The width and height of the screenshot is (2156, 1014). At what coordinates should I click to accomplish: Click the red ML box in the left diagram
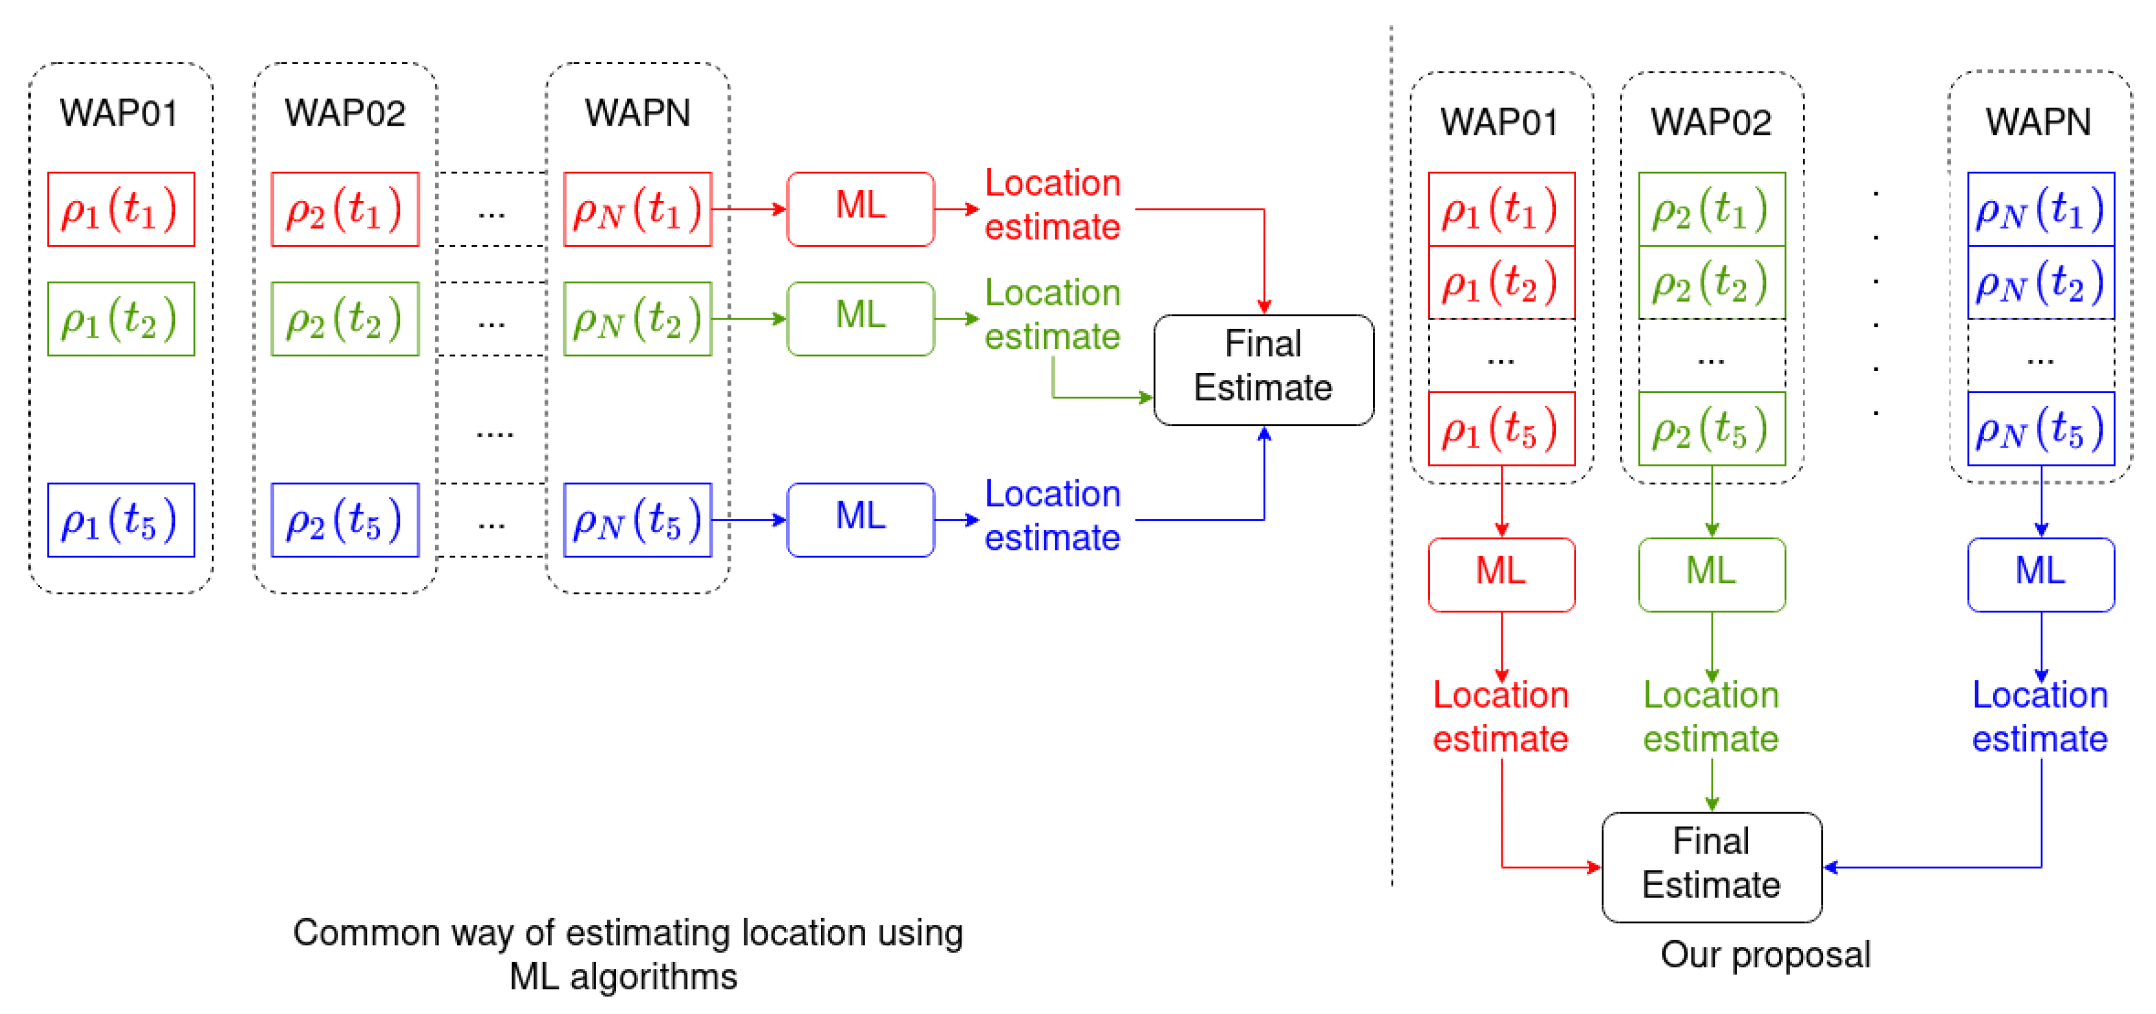click(860, 208)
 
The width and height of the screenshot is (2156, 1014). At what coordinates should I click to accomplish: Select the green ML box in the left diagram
click(860, 318)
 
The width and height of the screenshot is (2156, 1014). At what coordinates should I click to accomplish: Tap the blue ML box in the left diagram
click(860, 519)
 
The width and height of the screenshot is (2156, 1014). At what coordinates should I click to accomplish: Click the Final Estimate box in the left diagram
click(1263, 369)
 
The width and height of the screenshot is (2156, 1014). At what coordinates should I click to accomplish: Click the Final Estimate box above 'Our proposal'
click(1711, 866)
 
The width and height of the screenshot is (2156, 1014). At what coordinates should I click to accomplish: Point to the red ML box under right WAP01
click(1501, 574)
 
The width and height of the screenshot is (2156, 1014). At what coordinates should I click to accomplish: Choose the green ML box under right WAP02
click(1711, 574)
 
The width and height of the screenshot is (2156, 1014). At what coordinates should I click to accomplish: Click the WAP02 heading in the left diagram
click(345, 113)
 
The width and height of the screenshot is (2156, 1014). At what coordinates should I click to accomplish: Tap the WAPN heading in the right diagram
click(2038, 122)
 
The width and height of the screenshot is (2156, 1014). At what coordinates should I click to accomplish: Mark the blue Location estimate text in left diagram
click(1052, 515)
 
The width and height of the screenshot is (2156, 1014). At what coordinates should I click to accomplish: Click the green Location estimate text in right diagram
click(1711, 716)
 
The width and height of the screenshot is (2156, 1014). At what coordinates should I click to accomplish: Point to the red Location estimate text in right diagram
click(1500, 716)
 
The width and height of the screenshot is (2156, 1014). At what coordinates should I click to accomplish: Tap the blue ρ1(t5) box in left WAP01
click(120, 519)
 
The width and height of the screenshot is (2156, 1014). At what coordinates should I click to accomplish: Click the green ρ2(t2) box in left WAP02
click(345, 319)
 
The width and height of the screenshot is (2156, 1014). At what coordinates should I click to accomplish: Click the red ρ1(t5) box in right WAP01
click(1501, 428)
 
